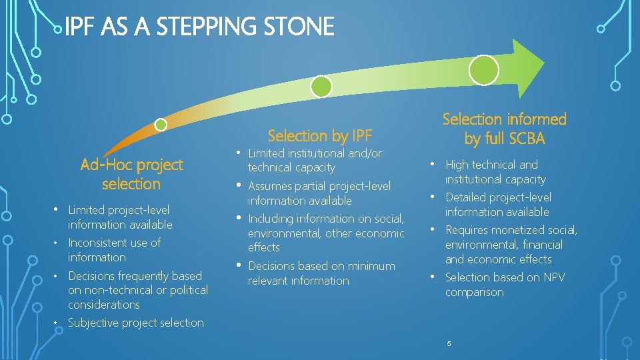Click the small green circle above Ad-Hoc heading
point(161,125)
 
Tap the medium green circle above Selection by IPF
point(321,86)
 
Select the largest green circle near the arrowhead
point(484,70)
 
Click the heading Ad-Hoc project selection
point(131,174)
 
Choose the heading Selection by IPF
point(319,136)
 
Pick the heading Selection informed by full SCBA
point(505,129)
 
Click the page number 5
point(449,343)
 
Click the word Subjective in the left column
point(95,323)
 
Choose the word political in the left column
point(189,290)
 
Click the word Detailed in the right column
point(467,197)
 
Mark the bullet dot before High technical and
point(433,164)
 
